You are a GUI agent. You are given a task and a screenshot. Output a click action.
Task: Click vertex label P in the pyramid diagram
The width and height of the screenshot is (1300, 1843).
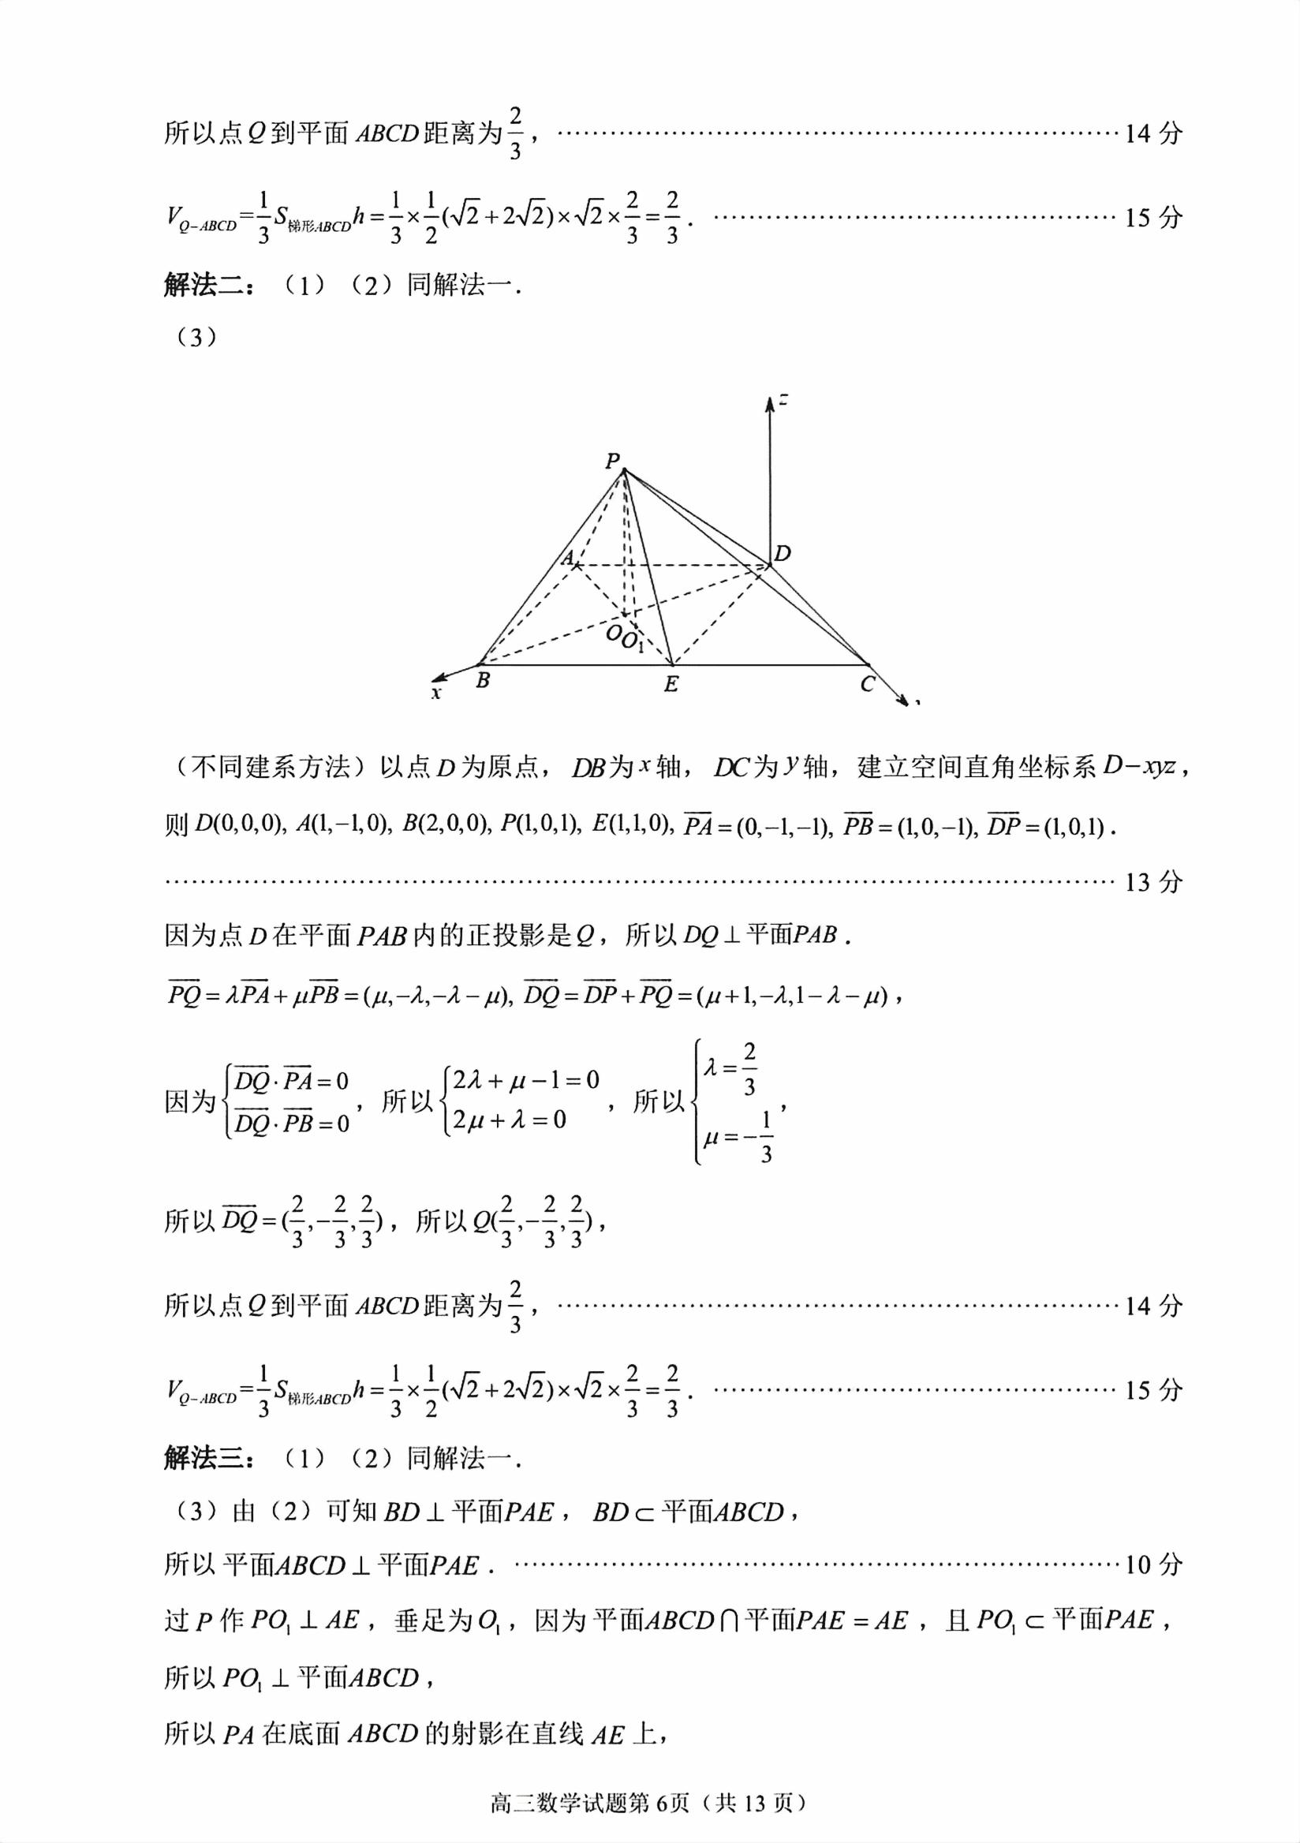tap(612, 461)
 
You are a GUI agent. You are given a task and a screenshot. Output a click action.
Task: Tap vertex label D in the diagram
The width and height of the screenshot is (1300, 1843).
tap(783, 553)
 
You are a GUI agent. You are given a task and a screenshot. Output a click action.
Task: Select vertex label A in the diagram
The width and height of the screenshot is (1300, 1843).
tap(567, 558)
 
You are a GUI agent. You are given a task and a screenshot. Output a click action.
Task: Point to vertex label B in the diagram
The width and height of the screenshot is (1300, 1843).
tap(482, 681)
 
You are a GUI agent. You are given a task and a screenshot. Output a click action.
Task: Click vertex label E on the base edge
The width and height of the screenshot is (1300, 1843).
tap(671, 685)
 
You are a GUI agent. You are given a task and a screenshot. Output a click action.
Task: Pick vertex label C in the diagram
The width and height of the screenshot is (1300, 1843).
tap(867, 685)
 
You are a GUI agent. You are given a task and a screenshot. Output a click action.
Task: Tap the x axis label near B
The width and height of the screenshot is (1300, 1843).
tap(435, 693)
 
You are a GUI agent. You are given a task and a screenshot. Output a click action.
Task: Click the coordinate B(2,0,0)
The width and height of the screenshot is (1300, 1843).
tap(446, 824)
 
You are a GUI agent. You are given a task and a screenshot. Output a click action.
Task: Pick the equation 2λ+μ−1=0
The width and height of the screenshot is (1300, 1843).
tap(525, 1079)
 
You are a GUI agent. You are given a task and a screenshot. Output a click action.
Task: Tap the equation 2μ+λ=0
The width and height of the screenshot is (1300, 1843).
tap(510, 1120)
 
